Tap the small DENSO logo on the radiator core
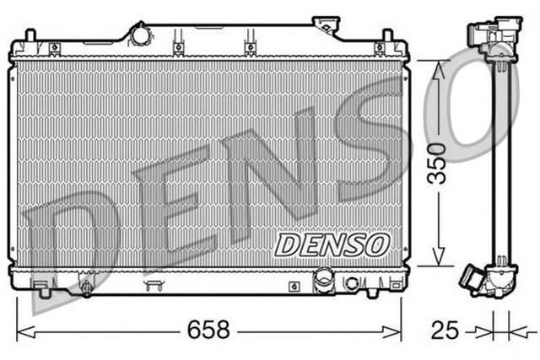(x=331, y=244)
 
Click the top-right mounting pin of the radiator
(x=387, y=37)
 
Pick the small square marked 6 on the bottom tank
(x=293, y=286)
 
